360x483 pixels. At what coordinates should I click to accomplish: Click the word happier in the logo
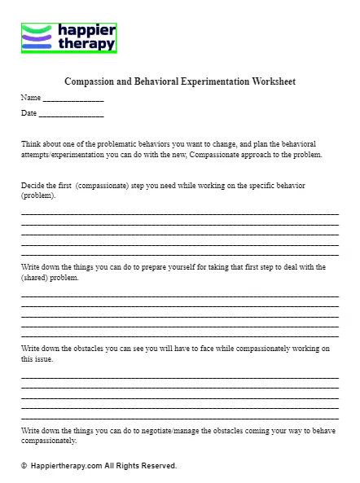[86, 31]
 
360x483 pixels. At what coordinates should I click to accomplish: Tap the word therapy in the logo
[86, 45]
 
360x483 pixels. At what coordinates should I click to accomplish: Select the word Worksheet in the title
[272, 81]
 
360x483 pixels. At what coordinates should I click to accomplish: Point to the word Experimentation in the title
[203, 81]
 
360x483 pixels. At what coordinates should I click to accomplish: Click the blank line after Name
[73, 99]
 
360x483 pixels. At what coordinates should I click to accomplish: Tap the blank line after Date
[72, 113]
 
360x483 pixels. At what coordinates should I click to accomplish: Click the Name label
[30, 98]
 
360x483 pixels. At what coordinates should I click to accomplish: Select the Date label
[29, 112]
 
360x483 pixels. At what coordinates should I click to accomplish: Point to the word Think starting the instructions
[31, 143]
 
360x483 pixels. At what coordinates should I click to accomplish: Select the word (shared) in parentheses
[35, 278]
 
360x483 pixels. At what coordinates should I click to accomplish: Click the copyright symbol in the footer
[24, 466]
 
